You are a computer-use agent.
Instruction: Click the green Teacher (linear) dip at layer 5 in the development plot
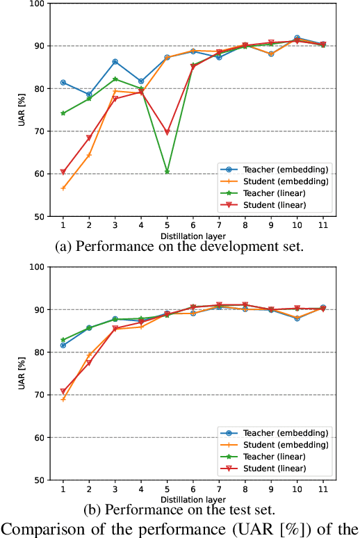point(167,171)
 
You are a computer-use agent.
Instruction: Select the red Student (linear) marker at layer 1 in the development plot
point(63,172)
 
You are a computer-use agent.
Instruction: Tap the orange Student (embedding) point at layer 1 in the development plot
point(63,188)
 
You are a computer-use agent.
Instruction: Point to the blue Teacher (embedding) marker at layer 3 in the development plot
point(115,62)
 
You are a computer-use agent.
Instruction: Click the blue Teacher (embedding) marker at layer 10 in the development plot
point(297,38)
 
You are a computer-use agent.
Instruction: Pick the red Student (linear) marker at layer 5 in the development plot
point(167,132)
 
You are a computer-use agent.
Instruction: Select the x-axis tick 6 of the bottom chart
point(193,489)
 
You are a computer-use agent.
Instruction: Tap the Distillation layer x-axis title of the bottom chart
point(193,499)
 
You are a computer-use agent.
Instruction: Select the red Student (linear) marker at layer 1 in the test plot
point(63,391)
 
